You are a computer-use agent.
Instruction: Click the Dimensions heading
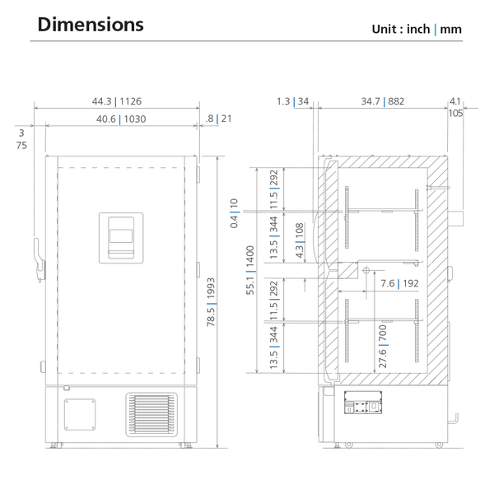click(91, 25)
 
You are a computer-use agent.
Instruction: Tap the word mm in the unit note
click(450, 30)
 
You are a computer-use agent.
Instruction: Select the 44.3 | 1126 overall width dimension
click(117, 101)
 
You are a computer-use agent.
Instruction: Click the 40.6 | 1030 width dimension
click(121, 119)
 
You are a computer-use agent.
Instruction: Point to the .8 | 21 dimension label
click(218, 119)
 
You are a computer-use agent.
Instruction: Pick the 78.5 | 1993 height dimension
click(211, 302)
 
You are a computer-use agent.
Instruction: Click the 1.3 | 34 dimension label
click(292, 101)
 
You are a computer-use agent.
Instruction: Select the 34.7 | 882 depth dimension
click(383, 101)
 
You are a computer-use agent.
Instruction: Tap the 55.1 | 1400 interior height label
click(250, 270)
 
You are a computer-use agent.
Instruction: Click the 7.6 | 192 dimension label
click(399, 283)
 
